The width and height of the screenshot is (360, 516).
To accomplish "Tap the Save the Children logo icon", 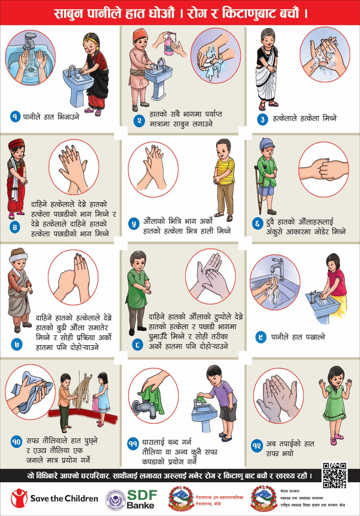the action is [x=19, y=498].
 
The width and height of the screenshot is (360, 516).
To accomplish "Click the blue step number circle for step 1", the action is [x=15, y=117].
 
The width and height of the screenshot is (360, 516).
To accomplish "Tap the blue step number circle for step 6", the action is [x=257, y=223].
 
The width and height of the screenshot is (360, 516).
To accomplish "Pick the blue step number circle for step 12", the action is [x=257, y=446].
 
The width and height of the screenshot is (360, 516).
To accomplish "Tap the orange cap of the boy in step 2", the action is [x=140, y=35].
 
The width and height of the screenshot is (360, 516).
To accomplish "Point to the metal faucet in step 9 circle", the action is [x=278, y=268].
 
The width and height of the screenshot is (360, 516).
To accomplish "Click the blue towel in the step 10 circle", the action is [x=28, y=391].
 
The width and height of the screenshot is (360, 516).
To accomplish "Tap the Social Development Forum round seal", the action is [x=115, y=499].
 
